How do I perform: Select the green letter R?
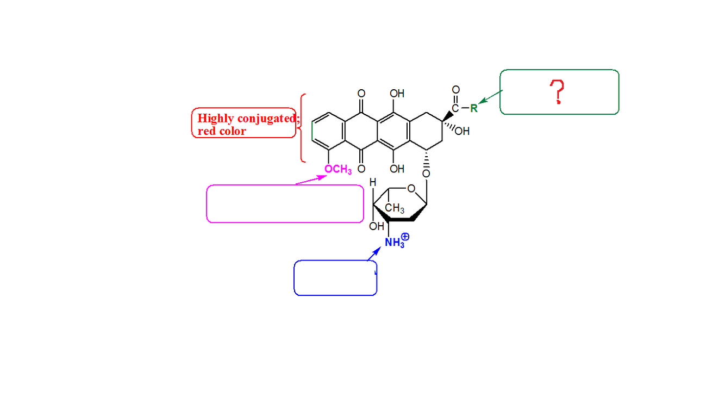(x=473, y=108)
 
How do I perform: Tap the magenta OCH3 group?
(x=338, y=170)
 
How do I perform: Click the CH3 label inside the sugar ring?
(x=395, y=208)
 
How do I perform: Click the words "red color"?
(x=222, y=131)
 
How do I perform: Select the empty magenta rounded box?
(x=285, y=204)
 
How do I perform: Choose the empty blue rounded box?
(x=335, y=278)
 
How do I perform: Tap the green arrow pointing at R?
(x=489, y=98)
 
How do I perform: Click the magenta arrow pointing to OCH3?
(x=310, y=180)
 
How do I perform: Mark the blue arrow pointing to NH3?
(x=374, y=254)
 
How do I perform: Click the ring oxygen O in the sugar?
(x=411, y=189)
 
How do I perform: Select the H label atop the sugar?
(x=373, y=183)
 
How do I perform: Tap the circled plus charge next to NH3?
(x=405, y=237)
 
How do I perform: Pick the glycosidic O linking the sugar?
(x=426, y=174)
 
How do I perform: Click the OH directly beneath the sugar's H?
(x=376, y=226)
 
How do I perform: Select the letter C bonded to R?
(x=455, y=108)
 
